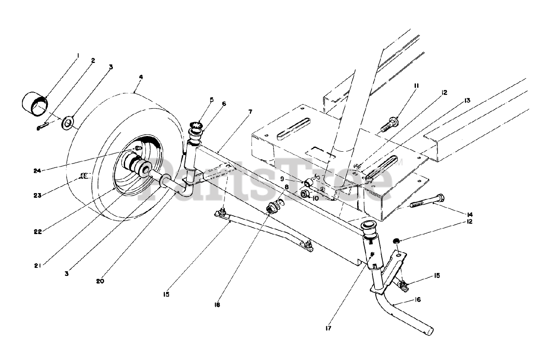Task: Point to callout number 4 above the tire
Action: [141, 77]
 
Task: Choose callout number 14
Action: [470, 214]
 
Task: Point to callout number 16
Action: [418, 300]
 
